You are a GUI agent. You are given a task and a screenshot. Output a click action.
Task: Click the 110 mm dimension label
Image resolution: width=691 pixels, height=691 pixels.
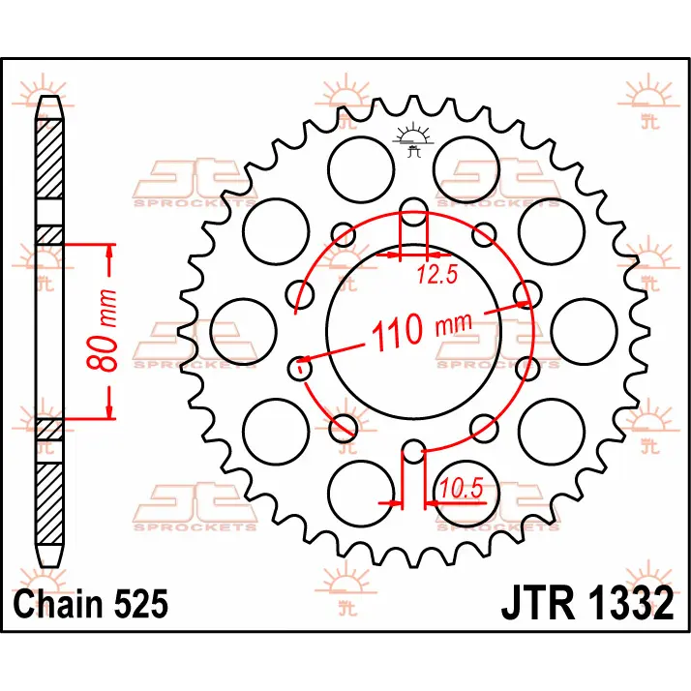tap(422, 331)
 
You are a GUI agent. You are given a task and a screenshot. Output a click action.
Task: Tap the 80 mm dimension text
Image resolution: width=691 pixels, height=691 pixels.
tap(103, 330)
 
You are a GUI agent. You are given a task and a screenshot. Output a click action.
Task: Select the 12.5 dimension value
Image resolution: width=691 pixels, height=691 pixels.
tap(437, 275)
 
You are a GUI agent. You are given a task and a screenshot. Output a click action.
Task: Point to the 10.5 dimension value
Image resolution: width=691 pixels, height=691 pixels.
tap(462, 489)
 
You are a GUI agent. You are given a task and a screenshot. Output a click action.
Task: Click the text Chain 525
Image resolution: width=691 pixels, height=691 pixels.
tap(91, 604)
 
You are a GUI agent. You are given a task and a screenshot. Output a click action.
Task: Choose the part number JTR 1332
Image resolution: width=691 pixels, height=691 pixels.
tap(587, 603)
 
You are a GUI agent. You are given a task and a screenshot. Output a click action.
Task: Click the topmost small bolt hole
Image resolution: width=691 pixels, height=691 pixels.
tap(413, 212)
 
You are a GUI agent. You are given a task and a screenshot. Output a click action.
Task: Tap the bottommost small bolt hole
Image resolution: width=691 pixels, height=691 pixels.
tap(413, 451)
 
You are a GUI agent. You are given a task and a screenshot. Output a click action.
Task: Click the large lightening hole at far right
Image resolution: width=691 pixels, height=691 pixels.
tap(584, 331)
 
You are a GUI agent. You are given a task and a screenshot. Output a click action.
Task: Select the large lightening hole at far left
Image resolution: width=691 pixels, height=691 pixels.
tap(244, 331)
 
